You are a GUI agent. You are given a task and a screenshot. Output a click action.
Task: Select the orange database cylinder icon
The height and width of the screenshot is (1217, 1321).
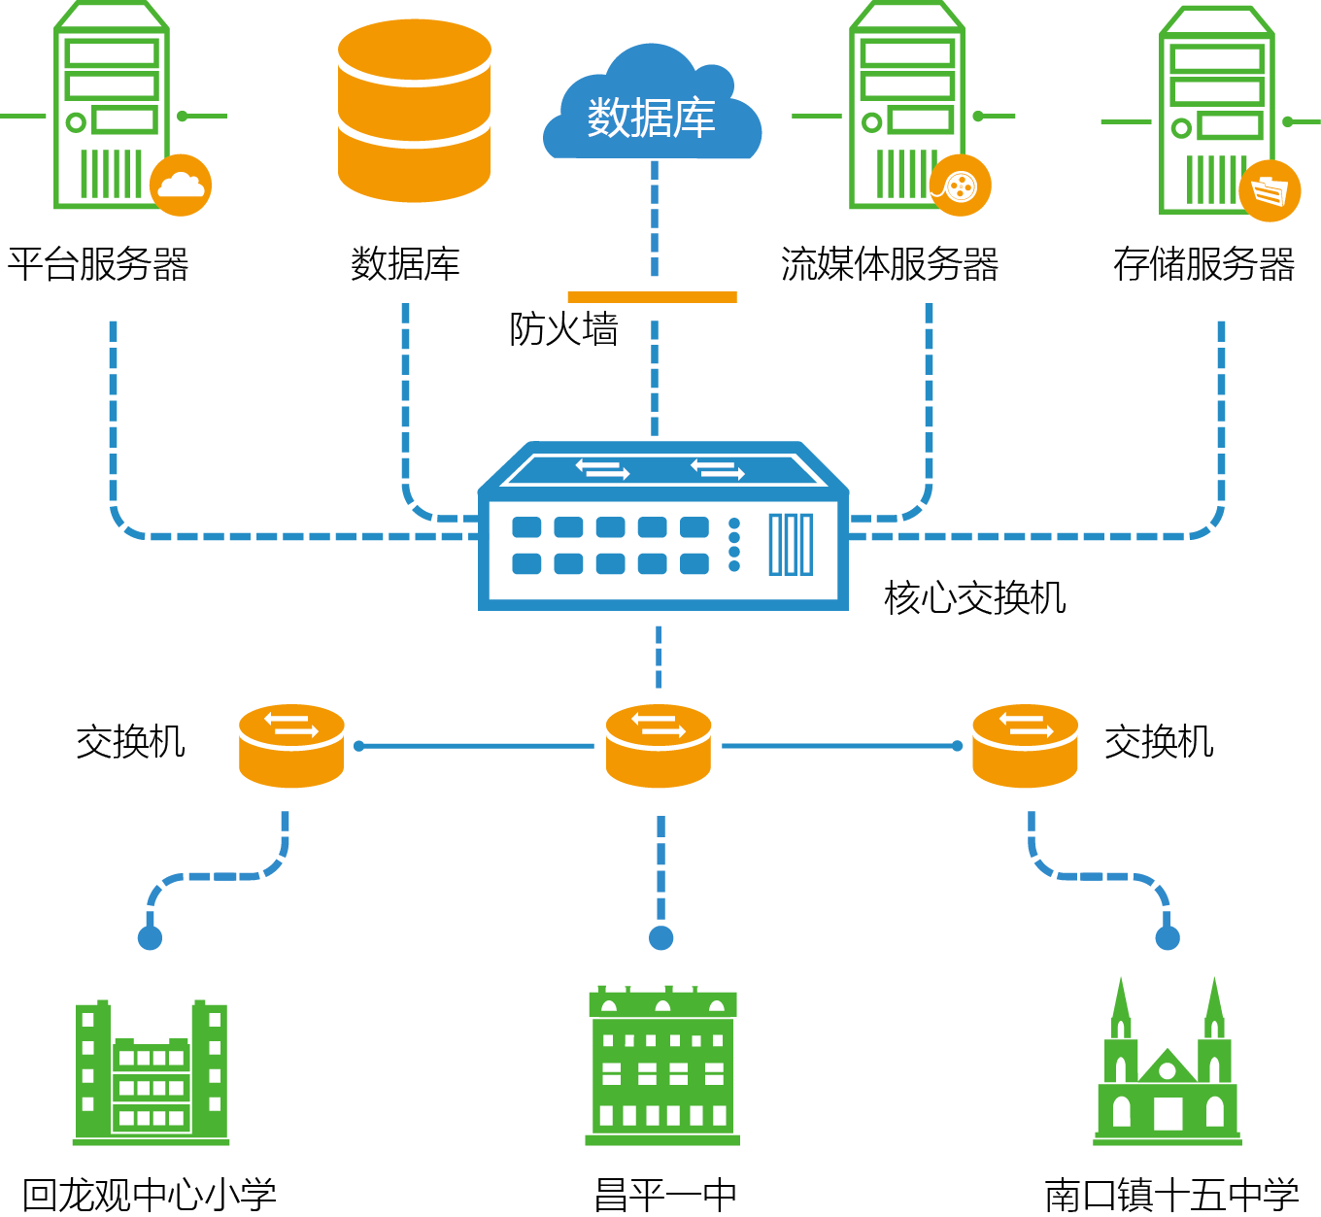(415, 111)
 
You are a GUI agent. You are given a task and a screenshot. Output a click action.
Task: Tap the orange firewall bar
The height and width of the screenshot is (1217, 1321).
(652, 297)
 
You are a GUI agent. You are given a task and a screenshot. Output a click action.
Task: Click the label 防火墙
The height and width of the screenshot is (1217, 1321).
(563, 329)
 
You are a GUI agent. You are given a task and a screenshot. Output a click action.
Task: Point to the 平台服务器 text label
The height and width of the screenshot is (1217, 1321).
(98, 264)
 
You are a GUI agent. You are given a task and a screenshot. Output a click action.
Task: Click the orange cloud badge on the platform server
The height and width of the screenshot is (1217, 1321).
(181, 185)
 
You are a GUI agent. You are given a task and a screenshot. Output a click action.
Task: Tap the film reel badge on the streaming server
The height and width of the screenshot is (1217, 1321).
(960, 185)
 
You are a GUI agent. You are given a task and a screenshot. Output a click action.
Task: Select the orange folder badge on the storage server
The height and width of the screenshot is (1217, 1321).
(1270, 190)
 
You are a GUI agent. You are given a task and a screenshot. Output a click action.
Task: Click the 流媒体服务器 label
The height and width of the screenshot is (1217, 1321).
(890, 264)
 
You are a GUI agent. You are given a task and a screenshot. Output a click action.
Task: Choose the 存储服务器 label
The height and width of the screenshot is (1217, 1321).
(1203, 264)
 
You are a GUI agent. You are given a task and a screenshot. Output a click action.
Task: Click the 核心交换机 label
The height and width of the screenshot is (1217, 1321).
(975, 597)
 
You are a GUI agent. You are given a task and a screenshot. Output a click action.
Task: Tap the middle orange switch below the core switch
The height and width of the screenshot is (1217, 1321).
(659, 746)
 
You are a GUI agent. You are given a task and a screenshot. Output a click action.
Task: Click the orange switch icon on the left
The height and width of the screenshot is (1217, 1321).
(291, 746)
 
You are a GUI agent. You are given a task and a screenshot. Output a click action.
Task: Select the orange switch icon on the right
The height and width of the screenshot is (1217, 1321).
(1025, 746)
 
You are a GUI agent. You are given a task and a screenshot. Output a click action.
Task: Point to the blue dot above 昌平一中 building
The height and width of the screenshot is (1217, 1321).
(661, 937)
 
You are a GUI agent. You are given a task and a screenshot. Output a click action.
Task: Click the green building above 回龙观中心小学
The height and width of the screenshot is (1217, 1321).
(152, 1073)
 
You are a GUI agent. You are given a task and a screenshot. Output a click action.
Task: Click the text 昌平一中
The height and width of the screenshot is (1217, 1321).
(665, 1195)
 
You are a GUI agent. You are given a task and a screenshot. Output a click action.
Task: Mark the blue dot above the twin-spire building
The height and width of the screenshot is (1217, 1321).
(1168, 937)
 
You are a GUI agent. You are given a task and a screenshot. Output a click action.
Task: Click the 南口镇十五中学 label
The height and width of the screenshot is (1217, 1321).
(1171, 1195)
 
